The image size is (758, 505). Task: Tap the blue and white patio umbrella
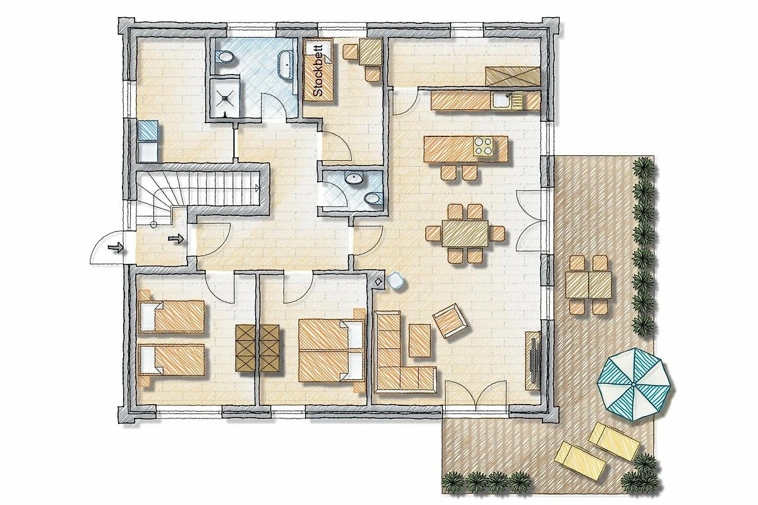(634, 384)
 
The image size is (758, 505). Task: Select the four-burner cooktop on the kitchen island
(484, 146)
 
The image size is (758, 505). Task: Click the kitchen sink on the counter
(502, 100)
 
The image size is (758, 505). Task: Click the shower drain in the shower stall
(226, 98)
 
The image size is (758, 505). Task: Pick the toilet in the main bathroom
(225, 57)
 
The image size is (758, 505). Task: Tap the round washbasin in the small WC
(354, 178)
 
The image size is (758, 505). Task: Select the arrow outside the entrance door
(114, 247)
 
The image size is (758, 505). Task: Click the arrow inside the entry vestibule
(176, 239)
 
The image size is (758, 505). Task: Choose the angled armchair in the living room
(450, 320)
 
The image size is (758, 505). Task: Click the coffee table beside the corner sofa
(419, 340)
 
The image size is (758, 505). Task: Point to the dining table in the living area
(466, 234)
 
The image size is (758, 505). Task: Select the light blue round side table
(395, 280)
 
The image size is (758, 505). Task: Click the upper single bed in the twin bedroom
(172, 316)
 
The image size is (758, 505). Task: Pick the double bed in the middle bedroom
(331, 350)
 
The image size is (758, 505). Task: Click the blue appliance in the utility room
(148, 130)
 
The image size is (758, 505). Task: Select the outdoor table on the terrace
(589, 285)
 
